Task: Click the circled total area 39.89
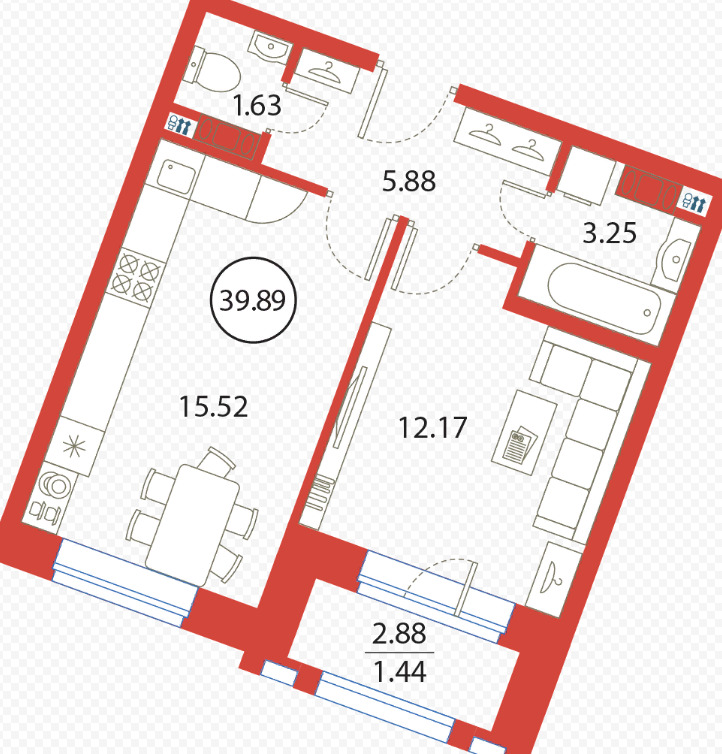[253, 301]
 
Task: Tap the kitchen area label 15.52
[213, 406]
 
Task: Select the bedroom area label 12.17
[433, 427]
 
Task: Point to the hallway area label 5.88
[409, 181]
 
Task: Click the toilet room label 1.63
[257, 105]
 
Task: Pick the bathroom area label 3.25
[609, 233]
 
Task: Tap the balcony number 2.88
[400, 633]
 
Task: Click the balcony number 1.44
[400, 672]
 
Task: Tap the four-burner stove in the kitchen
[135, 275]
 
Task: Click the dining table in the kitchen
[192, 525]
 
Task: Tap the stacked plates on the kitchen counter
[56, 485]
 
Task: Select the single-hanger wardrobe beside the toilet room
[327, 71]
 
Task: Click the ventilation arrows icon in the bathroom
[694, 202]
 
